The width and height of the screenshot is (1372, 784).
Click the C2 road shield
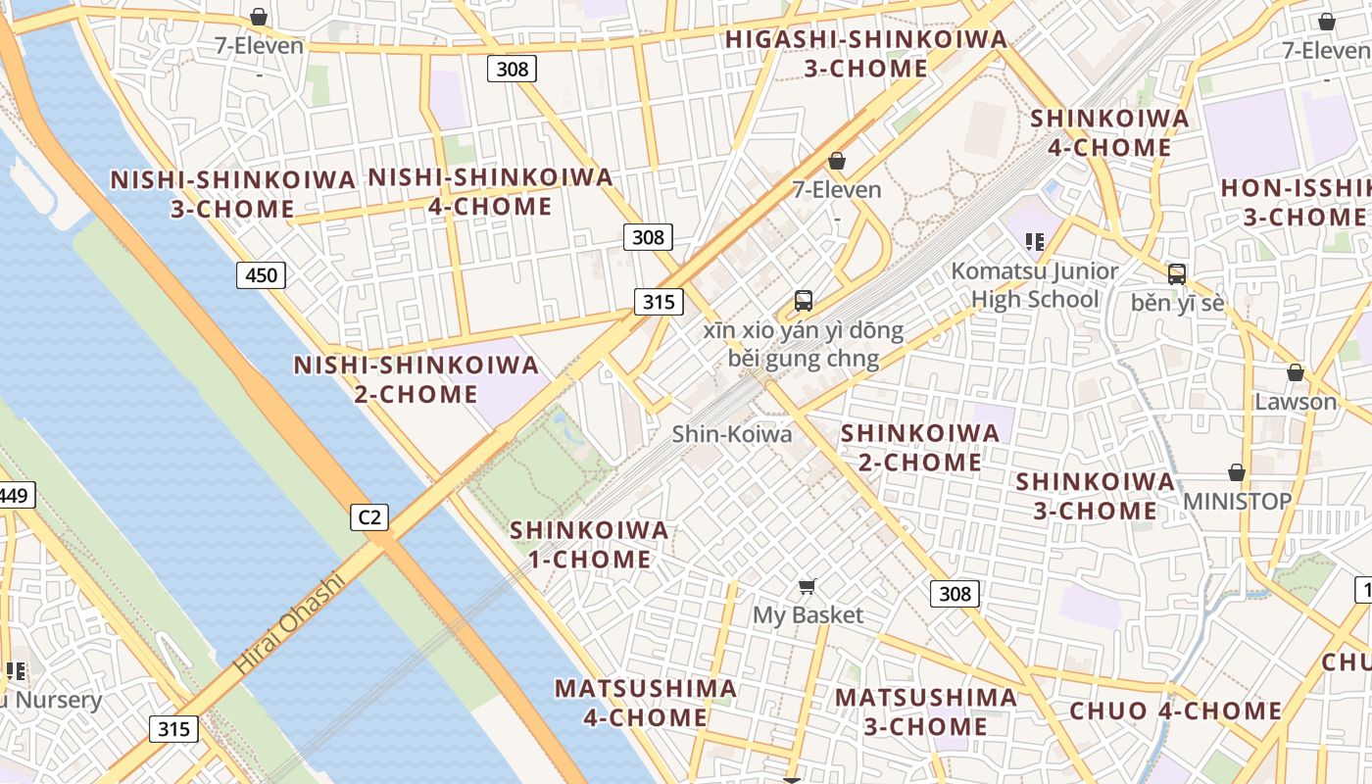(369, 516)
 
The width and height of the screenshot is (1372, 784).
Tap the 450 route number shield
(261, 275)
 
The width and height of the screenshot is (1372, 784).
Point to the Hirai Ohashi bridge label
(289, 624)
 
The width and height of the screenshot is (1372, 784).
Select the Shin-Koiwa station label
(731, 433)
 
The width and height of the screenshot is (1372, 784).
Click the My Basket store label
(808, 614)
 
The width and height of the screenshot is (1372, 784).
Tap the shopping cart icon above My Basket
(807, 587)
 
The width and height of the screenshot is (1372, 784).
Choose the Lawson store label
(1296, 401)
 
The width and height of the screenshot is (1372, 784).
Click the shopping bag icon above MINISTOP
(1237, 473)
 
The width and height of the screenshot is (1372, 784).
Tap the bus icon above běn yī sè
(1177, 274)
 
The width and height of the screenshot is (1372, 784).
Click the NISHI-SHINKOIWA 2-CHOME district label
(416, 379)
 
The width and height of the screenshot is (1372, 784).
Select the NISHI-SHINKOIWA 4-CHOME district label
(490, 192)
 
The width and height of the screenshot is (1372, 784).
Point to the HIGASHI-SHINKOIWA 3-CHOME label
(866, 54)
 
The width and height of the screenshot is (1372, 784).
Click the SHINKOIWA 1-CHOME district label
(589, 545)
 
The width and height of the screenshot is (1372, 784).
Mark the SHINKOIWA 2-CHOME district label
(920, 447)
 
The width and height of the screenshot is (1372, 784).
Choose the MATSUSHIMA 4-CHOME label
(646, 703)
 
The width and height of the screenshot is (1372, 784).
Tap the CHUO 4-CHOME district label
(1175, 710)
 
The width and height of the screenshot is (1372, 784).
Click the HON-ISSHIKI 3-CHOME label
(1296, 203)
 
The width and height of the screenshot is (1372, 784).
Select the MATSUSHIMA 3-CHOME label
(925, 711)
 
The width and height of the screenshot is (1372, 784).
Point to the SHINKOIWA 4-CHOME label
(1109, 132)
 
